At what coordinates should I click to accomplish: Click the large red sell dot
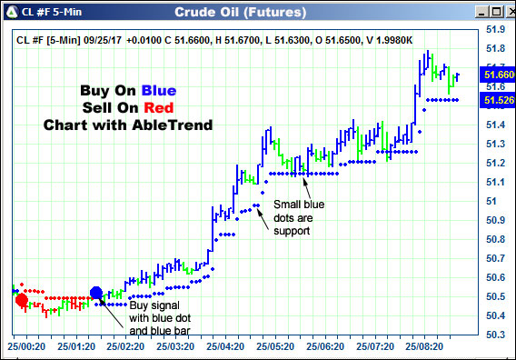pos(21,301)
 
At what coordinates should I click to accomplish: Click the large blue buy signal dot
pos(97,293)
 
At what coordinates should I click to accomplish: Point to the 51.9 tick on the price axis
pos(495,29)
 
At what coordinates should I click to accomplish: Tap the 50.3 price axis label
pos(495,335)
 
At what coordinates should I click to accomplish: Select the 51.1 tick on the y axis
pos(495,182)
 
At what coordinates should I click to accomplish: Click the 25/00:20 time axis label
pos(27,346)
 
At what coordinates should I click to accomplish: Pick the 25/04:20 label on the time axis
pos(226,346)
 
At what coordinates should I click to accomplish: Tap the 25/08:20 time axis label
pos(426,346)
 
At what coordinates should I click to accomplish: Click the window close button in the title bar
pos(502,12)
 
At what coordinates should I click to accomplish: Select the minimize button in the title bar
pos(470,12)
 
